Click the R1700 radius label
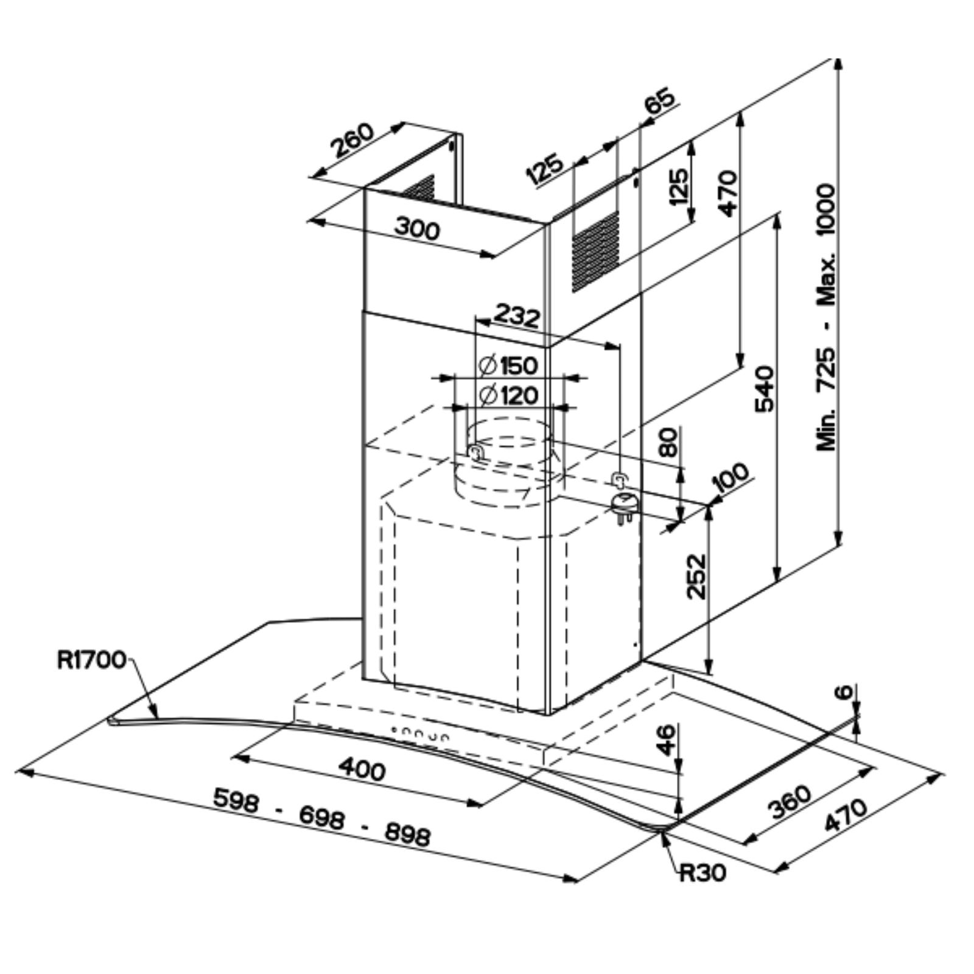coord(91,660)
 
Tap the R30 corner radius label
coord(702,872)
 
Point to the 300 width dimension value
coord(418,229)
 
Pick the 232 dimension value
coord(516,316)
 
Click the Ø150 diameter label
coord(508,365)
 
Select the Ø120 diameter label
coord(509,396)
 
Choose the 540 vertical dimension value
coord(764,389)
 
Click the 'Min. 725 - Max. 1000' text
coord(826,317)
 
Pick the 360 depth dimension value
coord(790,802)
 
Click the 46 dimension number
coord(668,739)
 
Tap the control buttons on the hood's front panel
coord(421,734)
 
